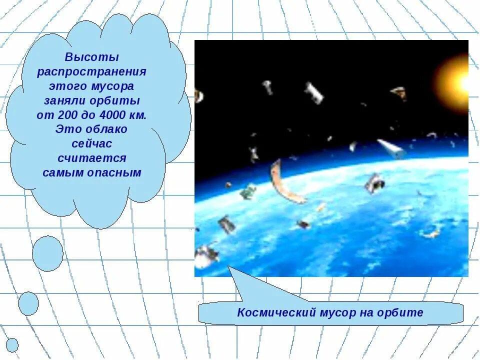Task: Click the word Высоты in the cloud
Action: tap(92, 57)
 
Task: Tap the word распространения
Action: tap(92, 71)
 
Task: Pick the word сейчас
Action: tap(92, 144)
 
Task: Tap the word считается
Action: tap(92, 158)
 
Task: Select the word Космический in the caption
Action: tap(270, 313)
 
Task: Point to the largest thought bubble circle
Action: tap(48, 253)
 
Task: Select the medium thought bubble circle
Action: tap(28, 303)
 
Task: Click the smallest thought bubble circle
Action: tap(12, 345)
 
